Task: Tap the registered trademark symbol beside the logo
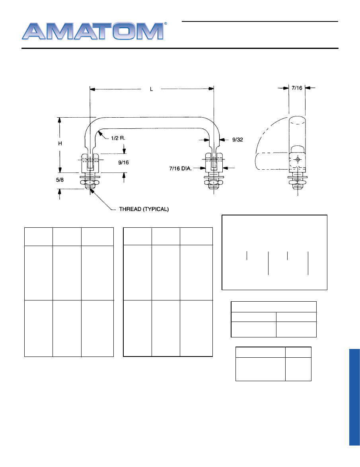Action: click(x=165, y=23)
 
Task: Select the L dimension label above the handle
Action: click(x=152, y=89)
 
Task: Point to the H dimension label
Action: click(x=60, y=143)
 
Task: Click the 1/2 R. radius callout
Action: click(x=118, y=138)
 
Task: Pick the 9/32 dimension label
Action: click(x=237, y=140)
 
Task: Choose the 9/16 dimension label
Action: click(x=123, y=162)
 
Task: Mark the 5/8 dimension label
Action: click(x=60, y=180)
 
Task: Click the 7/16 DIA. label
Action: click(x=180, y=169)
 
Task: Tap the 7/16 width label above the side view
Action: click(x=297, y=88)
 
